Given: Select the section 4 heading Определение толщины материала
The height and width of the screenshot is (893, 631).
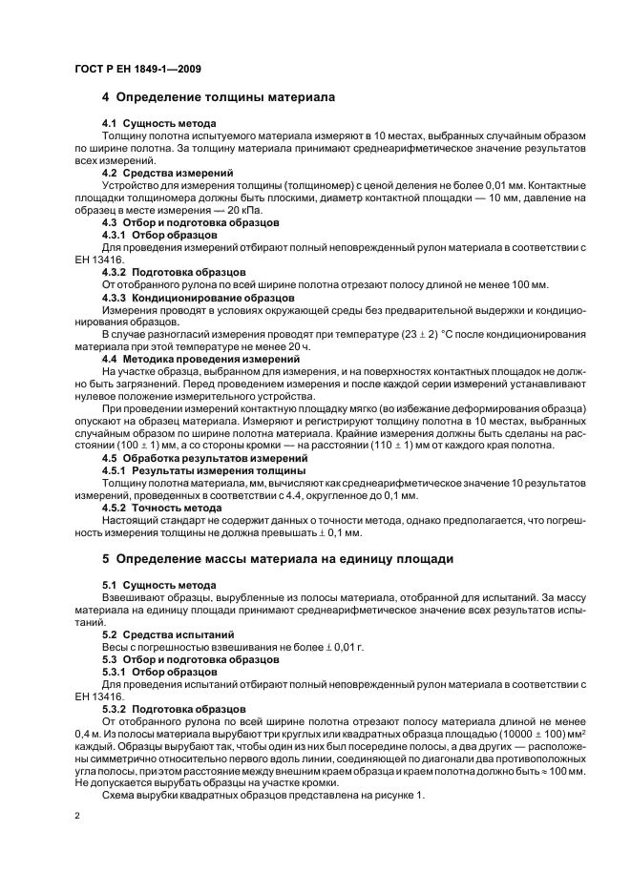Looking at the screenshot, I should point(218,97).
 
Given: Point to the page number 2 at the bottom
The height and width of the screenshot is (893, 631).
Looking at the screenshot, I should point(77,817).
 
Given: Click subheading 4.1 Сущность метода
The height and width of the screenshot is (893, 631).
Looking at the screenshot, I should point(158,124).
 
